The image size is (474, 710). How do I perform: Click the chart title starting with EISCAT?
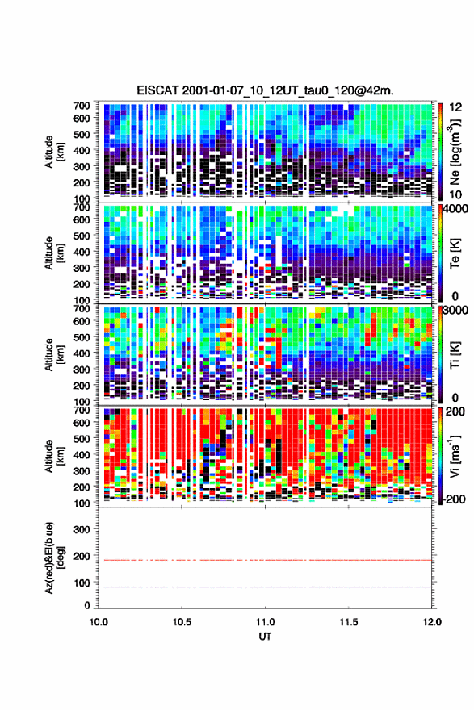265,90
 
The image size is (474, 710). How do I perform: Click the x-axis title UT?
265,637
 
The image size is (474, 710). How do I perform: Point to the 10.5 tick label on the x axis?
182,622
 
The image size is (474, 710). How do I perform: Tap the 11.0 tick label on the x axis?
265,622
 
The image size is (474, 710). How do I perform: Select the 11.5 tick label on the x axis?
349,622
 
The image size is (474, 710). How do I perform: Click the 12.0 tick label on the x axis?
432,622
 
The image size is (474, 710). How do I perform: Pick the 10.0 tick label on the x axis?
99,622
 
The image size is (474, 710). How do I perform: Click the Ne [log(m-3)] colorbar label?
455,152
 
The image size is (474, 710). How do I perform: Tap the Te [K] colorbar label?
455,253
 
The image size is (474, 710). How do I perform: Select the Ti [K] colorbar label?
455,354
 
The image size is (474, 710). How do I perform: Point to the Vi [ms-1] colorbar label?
455,456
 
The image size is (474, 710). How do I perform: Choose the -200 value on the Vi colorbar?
455,499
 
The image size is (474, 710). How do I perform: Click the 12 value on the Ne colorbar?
455,107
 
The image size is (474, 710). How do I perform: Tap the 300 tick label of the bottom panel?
82,529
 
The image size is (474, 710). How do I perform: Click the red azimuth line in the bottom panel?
265,560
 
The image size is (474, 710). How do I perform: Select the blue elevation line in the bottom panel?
265,587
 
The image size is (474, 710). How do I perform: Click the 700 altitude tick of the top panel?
82,106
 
